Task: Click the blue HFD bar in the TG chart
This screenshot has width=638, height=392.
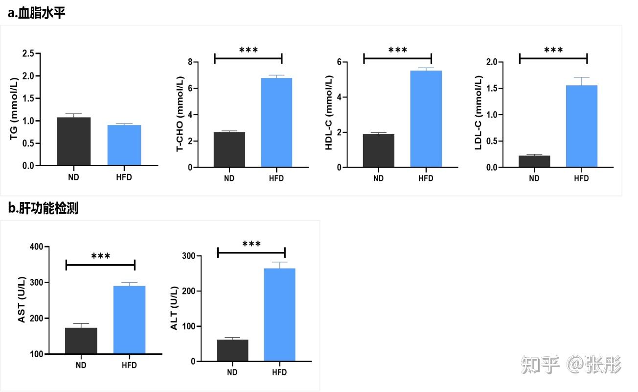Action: coord(124,146)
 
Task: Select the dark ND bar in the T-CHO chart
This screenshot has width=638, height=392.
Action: coord(229,150)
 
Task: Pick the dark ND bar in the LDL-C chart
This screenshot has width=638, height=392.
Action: coord(534,162)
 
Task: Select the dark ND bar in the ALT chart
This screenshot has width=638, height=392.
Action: coord(232,350)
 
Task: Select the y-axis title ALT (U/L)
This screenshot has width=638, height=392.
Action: coord(175,308)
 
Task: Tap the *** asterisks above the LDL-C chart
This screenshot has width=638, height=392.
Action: coord(553,50)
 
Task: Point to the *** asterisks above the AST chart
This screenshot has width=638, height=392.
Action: coord(101,256)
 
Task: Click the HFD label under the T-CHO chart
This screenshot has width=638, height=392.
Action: coord(276,178)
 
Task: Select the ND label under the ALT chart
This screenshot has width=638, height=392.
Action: coord(232,372)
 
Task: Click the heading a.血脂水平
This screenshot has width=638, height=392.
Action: coord(37,13)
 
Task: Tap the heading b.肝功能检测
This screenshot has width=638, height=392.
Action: coord(43,208)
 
